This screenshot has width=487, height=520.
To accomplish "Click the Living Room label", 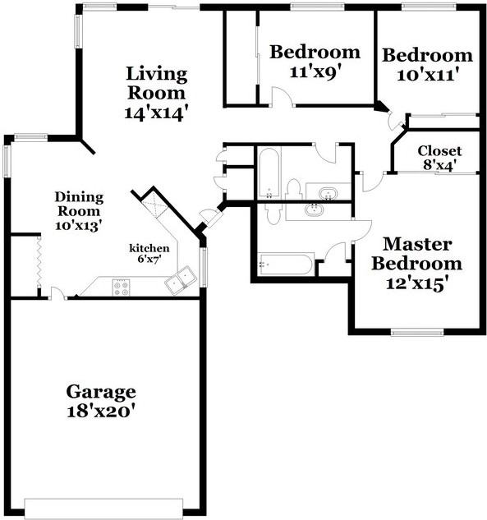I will point(156,83).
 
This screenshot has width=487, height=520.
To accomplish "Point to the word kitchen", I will point(149,247).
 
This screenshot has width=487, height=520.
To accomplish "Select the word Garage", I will point(101,391).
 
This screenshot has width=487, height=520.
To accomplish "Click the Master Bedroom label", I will point(416,255).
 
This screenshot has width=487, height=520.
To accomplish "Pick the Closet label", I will point(439,151).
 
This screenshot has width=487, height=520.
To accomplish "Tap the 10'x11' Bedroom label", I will point(427,56).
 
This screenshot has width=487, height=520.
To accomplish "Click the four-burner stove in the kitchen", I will point(121,287).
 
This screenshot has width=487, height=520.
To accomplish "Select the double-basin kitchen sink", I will point(180,280).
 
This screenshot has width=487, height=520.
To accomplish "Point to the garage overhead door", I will point(103,504).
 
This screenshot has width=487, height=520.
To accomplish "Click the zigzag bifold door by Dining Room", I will point(38,262).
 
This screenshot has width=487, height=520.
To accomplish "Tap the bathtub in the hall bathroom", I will point(269,173).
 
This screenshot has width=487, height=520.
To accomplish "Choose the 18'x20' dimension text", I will point(101,411).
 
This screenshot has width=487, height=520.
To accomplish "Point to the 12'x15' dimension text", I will point(416,284).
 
